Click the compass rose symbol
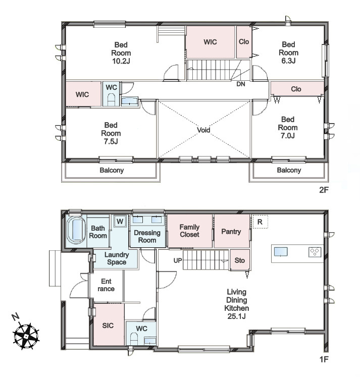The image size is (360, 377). coord(26,336)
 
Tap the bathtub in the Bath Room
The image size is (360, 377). coord(76,230)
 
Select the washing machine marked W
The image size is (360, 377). coord(120,221)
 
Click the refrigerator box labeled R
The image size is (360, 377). coord(260,222)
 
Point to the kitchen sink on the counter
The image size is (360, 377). coord(281,252)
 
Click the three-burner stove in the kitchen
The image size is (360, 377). coord(315,252)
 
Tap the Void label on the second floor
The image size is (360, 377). coord(203,130)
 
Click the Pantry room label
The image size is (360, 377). coord(231,231)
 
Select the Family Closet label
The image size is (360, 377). coord(189,231)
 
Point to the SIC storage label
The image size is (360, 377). coord(108,326)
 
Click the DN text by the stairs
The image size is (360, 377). coord(241,84)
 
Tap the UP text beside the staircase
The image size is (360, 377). coord(178,260)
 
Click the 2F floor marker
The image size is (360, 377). coord(324,190)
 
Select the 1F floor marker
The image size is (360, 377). coord(324,359)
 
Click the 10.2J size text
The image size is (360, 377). coord(121,61)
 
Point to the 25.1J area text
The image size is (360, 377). coord(237,316)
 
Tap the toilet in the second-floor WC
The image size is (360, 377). coord(111,100)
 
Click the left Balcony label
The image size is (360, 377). coord(112,170)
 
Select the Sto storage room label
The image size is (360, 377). coord(239,260)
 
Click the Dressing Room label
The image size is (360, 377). coord(147,236)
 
